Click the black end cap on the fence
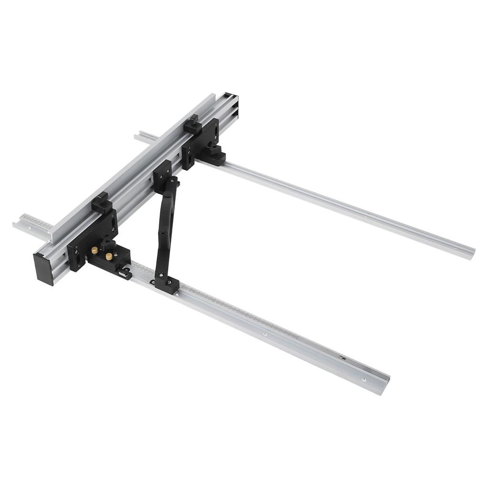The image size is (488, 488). (43, 269)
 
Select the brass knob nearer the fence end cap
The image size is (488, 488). (95, 250)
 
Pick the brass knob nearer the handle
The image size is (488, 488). (109, 257)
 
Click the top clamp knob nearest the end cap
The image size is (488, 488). (102, 203)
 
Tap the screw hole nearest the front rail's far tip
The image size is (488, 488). (364, 380)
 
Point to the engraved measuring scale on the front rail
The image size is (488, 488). (238, 315)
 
